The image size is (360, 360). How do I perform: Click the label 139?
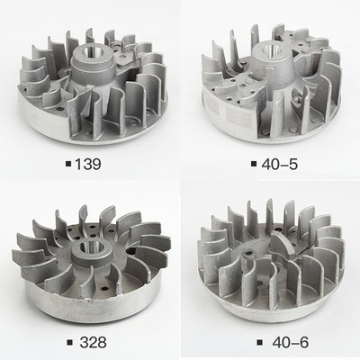pos(88,164)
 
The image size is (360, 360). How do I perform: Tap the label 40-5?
pos(280,164)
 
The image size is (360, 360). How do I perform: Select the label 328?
pos(93,342)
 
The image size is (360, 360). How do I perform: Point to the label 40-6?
pos(291,342)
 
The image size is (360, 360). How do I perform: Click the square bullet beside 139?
pos(68,164)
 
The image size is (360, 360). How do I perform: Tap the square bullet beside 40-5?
pos(254,164)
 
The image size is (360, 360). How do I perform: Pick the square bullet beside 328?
pos(70,342)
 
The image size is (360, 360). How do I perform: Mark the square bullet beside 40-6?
pos(260,342)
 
